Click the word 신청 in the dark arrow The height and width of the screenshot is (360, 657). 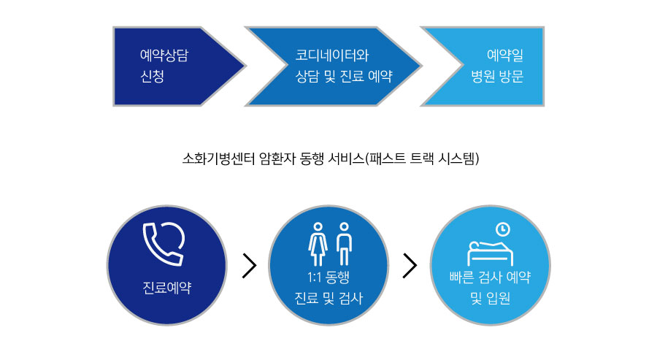[152, 76]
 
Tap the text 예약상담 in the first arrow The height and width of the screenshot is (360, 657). [164, 55]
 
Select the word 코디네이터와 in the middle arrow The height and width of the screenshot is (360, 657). [332, 55]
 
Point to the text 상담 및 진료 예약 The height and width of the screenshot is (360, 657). [344, 76]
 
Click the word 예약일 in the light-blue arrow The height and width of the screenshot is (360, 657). [505, 55]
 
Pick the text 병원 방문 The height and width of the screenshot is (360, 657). [497, 76]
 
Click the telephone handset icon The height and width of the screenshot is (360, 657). [164, 243]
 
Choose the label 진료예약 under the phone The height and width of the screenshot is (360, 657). [166, 288]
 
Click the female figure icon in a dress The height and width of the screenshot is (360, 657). [318, 244]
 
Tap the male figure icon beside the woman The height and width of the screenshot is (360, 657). [344, 244]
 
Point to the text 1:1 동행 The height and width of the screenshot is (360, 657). [328, 277]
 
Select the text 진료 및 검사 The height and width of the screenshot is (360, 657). [328, 299]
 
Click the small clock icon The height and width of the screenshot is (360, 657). [503, 229]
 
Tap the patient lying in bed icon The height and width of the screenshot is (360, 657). [491, 253]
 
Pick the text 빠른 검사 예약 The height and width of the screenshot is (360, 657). [491, 277]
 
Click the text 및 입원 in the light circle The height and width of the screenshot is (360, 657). [491, 299]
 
